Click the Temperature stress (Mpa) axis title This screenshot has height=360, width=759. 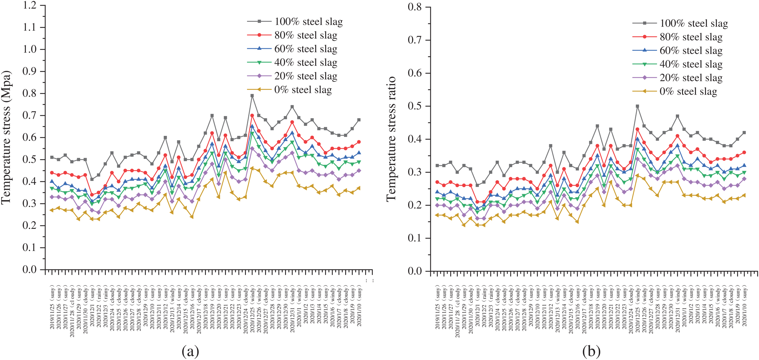coord(6,137)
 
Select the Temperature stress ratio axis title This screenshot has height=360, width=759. coord(391,139)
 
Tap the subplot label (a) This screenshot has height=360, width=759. coord(190,351)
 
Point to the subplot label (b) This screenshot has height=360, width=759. coord(591,351)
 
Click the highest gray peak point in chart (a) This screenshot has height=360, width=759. coord(252,96)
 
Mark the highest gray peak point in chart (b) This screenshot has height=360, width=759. coord(637,106)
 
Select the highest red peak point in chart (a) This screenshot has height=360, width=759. coord(252,116)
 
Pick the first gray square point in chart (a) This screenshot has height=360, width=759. coord(52,157)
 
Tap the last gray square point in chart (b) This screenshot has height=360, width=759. coord(744,133)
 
